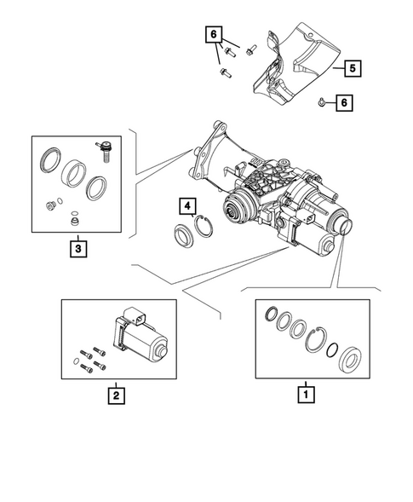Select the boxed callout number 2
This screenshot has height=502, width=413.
click(x=114, y=395)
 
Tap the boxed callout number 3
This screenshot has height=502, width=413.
click(x=77, y=249)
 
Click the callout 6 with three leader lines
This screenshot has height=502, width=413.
click(x=213, y=35)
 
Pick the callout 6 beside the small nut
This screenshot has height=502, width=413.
click(x=344, y=103)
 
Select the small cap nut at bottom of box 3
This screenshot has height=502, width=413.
click(x=75, y=221)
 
